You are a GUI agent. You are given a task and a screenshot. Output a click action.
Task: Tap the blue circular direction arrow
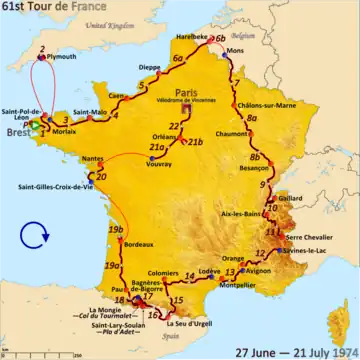36,237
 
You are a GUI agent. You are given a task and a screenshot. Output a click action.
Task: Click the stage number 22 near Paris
174,126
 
